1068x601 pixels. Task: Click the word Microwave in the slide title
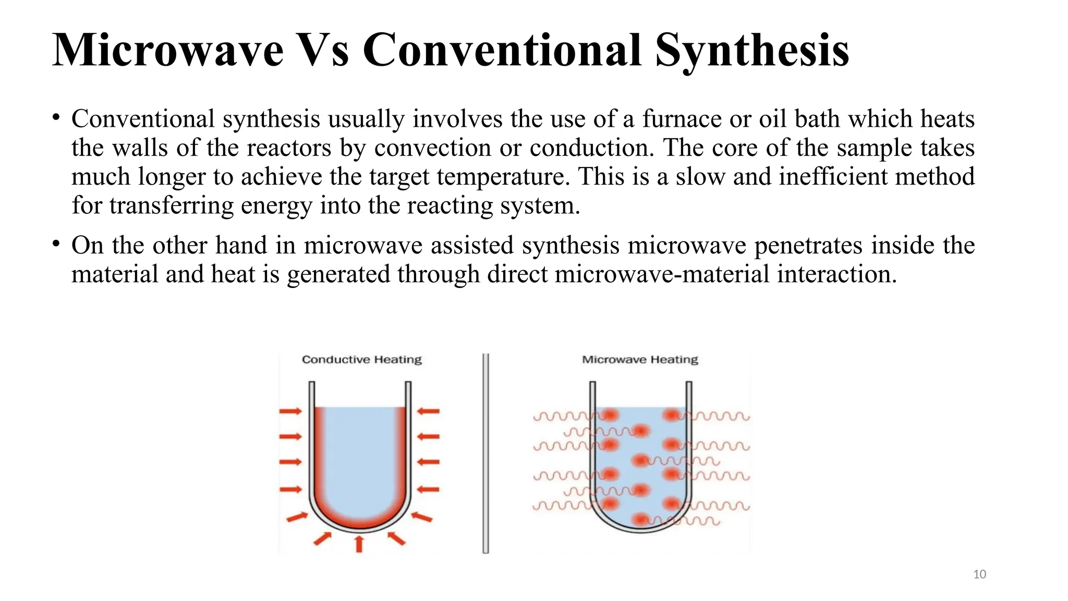click(168, 51)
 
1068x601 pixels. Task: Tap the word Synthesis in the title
click(752, 51)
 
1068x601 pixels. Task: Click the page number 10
click(979, 574)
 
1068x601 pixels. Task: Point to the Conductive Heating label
click(361, 359)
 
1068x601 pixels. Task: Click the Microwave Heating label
click(640, 359)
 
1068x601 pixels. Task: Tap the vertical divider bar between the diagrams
click(486, 453)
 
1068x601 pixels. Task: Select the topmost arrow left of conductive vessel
click(290, 411)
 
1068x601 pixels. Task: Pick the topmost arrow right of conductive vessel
click(429, 411)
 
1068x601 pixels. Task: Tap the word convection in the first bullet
click(432, 148)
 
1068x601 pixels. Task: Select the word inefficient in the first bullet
click(833, 176)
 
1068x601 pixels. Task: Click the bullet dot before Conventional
click(56, 117)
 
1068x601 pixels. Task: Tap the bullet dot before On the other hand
click(56, 244)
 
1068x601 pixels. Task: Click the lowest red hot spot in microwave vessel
click(640, 520)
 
